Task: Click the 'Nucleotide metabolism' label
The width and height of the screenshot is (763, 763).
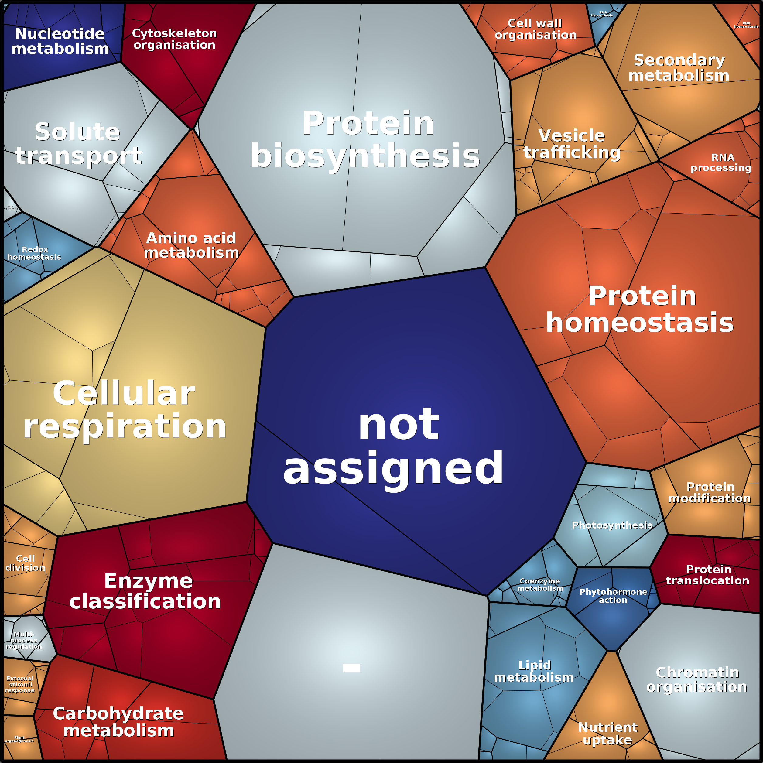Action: (x=60, y=41)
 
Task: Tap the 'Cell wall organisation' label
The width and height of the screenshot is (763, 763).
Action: (x=535, y=29)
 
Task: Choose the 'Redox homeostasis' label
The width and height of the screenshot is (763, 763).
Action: (x=34, y=253)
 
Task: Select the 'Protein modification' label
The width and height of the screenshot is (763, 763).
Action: (x=710, y=492)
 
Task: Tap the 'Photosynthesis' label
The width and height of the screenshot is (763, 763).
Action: (x=612, y=525)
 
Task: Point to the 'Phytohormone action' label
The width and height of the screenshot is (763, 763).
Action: (x=613, y=596)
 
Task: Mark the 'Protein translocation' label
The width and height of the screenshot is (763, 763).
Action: (x=708, y=575)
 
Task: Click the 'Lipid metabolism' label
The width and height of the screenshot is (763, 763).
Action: (x=534, y=671)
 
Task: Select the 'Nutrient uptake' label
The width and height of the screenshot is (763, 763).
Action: (x=607, y=733)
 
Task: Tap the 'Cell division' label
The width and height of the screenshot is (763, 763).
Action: (x=25, y=563)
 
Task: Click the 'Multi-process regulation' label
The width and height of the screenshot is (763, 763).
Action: (x=24, y=640)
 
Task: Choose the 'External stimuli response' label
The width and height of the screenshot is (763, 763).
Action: (x=20, y=684)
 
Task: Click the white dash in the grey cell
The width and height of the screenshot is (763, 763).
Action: (x=351, y=668)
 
